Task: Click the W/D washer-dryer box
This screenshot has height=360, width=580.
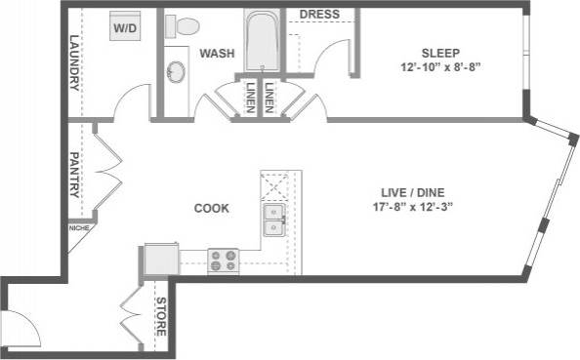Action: (x=125, y=27)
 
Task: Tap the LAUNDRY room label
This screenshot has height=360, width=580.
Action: (x=74, y=63)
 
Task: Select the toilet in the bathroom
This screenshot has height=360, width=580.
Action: (x=182, y=26)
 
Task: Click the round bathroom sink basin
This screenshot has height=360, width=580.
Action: (x=177, y=72)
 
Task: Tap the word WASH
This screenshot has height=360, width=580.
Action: (x=216, y=53)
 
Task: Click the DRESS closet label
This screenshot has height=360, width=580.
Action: (x=318, y=14)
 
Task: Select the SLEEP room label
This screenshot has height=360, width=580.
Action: (x=440, y=53)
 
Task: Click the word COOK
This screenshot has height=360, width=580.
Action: (x=211, y=208)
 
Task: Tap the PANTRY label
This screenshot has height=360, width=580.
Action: (x=74, y=175)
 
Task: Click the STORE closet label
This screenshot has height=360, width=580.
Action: (x=161, y=318)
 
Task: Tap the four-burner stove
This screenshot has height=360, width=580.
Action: (x=224, y=260)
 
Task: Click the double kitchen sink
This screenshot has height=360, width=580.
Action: (x=275, y=221)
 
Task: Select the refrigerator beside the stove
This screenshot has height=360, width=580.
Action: (x=159, y=260)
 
